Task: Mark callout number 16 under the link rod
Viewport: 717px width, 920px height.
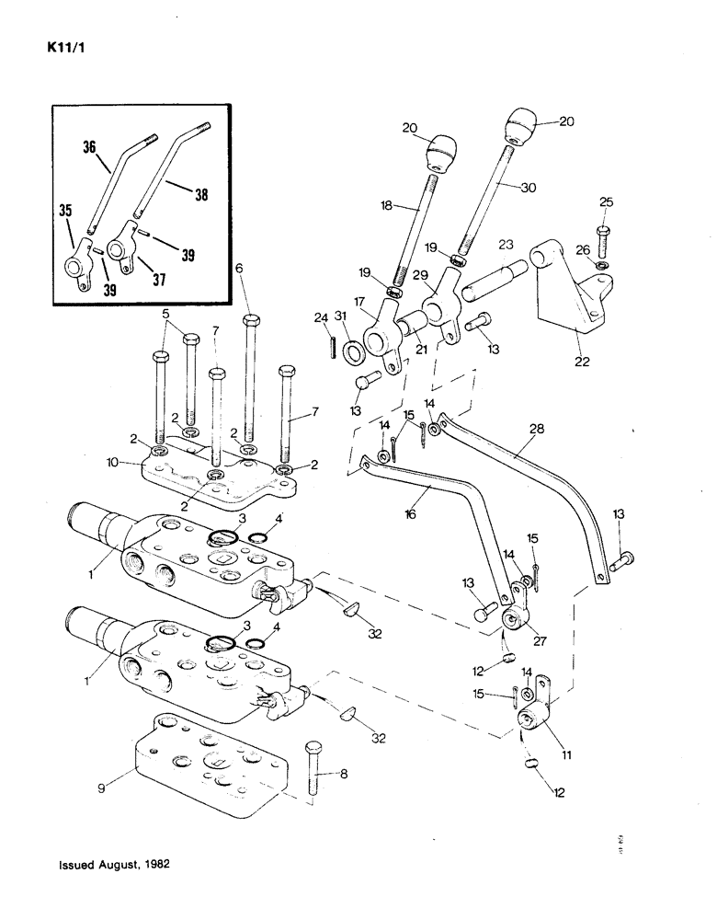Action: [x=410, y=514]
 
